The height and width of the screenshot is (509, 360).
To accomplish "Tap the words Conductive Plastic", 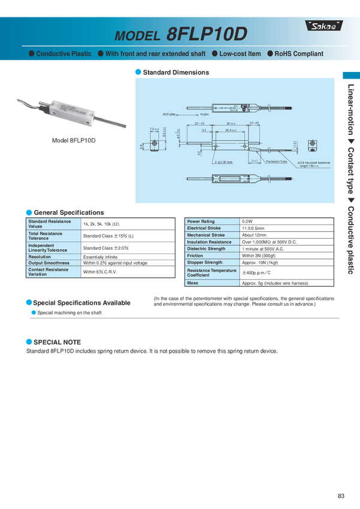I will pyautogui.click(x=63, y=54).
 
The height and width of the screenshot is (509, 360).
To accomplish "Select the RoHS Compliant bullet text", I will pyautogui.click(x=298, y=54).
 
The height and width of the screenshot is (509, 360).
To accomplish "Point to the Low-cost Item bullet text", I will pyautogui.click(x=240, y=54).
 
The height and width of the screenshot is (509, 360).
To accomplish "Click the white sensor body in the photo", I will pyautogui.click(x=74, y=113).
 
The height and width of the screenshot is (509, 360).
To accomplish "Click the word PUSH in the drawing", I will pyautogui.click(x=204, y=114).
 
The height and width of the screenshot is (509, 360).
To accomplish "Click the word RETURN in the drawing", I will pyautogui.click(x=171, y=114).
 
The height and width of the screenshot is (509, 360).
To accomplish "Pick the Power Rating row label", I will pyautogui.click(x=201, y=222).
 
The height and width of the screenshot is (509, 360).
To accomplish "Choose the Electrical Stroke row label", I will pyautogui.click(x=204, y=228).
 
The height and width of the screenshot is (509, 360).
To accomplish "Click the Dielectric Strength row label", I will pyautogui.click(x=206, y=249).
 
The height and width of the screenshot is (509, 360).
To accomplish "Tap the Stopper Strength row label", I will pyautogui.click(x=204, y=262).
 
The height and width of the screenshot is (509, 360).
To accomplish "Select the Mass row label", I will pyautogui.click(x=192, y=283).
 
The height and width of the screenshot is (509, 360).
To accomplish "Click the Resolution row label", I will pyautogui.click(x=40, y=257).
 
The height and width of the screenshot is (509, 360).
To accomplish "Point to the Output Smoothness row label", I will pyautogui.click(x=49, y=263).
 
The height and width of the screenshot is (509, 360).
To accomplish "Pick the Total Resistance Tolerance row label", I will pyautogui.click(x=45, y=236).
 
